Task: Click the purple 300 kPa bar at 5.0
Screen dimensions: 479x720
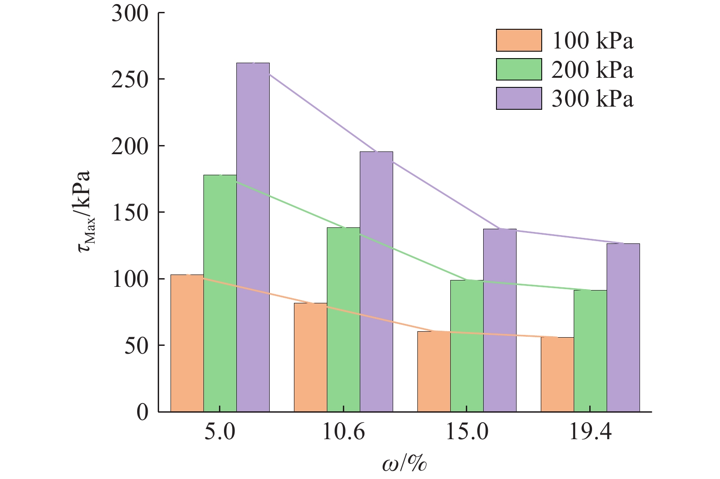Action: [x=253, y=238]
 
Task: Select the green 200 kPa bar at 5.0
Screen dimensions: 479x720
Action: [x=220, y=293]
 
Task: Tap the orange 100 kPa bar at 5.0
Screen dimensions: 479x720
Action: [x=187, y=343]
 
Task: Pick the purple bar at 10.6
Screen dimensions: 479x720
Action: [x=376, y=281]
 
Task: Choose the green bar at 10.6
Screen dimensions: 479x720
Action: [x=343, y=320]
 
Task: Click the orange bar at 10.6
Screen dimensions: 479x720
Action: [x=310, y=357]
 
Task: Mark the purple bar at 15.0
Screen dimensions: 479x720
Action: [x=500, y=320]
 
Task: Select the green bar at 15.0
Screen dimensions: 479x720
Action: [x=467, y=345]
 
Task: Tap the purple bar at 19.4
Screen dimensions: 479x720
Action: [x=623, y=327]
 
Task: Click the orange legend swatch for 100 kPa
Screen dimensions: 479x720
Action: [x=519, y=40]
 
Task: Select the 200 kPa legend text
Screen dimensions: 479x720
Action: [x=592, y=70]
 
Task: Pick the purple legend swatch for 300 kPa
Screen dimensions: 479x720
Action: [x=519, y=98]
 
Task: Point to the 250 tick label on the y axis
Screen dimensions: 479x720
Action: [x=130, y=79]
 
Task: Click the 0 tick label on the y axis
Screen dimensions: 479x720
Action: [x=142, y=412]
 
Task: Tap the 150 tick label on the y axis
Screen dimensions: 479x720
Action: [x=130, y=212]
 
